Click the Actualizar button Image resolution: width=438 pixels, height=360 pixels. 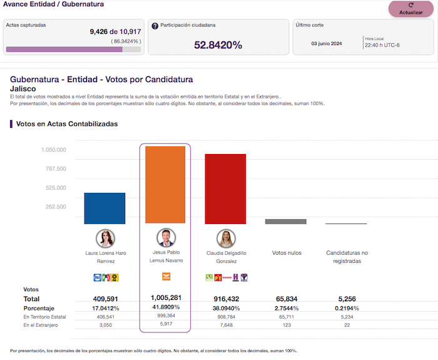(410, 9)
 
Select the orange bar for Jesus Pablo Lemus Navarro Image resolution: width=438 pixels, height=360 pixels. (165, 185)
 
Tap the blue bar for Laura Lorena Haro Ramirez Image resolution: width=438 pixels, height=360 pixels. (105, 208)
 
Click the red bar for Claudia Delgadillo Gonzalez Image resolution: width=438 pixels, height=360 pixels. (225, 188)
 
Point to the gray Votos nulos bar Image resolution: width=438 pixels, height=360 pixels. (286, 221)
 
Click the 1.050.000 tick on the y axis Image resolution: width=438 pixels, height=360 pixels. (53, 150)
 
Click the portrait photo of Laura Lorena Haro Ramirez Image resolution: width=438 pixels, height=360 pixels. (105, 239)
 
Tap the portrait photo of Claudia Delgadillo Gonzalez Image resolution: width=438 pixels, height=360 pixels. (225, 239)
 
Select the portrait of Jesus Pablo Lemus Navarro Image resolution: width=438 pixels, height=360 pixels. (165, 238)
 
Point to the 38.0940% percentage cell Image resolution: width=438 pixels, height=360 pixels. (225, 308)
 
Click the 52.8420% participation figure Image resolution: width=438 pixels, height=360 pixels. (218, 45)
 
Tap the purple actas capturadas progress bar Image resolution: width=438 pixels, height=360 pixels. (64, 49)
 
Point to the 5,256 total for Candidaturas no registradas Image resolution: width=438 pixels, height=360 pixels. (345, 299)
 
